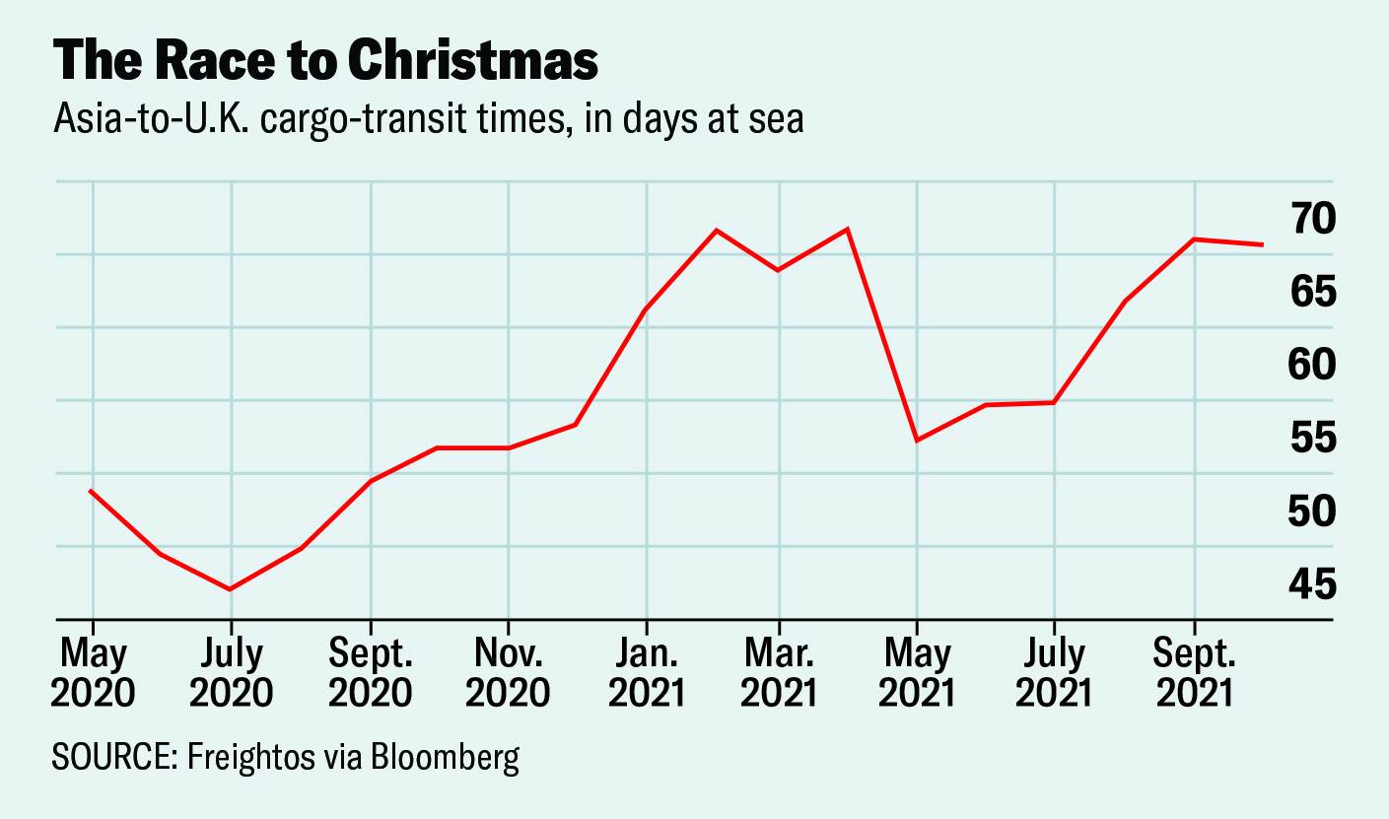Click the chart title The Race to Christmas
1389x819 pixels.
[325, 61]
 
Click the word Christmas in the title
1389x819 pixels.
[472, 61]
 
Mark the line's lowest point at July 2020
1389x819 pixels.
[231, 589]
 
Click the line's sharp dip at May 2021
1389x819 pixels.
[917, 440]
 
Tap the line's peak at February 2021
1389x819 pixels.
[717, 231]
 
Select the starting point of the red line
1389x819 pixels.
[91, 491]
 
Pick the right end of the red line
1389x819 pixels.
[1263, 244]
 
